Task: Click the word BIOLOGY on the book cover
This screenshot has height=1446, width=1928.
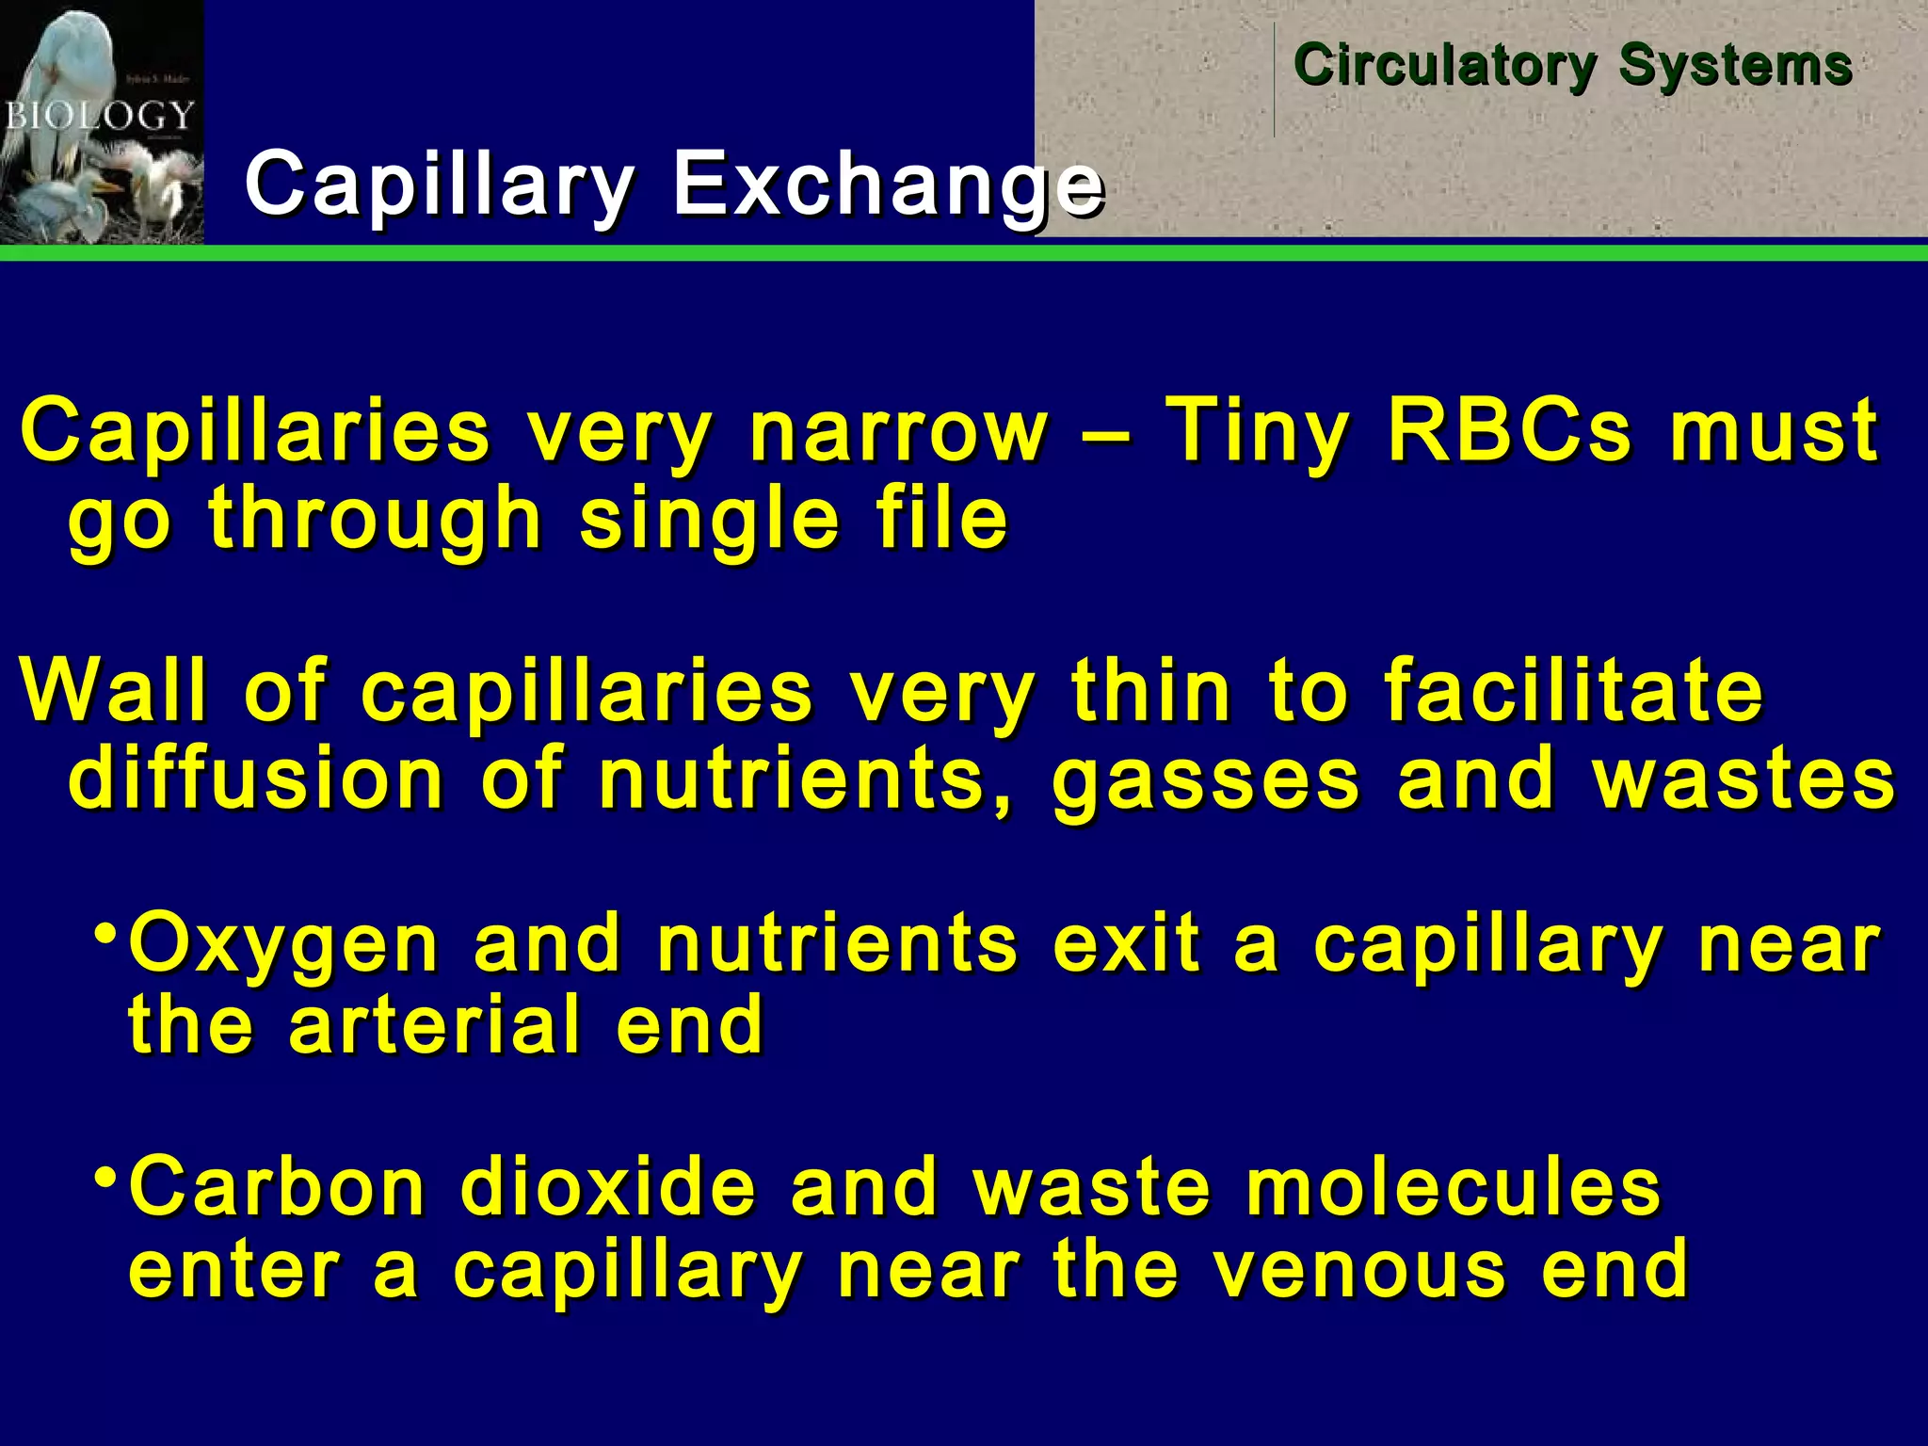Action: tap(99, 117)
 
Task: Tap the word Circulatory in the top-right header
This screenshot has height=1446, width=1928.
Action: tap(1445, 66)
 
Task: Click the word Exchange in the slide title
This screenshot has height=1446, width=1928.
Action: tap(887, 184)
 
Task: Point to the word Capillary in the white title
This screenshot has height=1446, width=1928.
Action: tap(439, 184)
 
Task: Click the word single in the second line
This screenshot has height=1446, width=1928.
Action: tap(709, 520)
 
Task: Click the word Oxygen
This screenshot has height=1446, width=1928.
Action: tap(283, 944)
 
